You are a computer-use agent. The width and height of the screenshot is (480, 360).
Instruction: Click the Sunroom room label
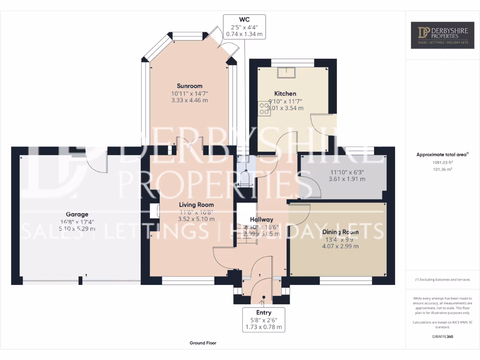[x=189, y=86]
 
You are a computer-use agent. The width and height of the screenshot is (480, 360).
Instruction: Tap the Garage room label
[x=77, y=215]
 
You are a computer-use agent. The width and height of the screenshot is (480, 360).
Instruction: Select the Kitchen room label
[x=285, y=94]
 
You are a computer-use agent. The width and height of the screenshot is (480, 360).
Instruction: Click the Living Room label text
[x=196, y=205]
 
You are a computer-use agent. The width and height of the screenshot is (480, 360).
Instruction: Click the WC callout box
[x=244, y=26]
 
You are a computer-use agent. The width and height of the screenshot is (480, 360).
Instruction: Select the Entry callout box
[x=263, y=320]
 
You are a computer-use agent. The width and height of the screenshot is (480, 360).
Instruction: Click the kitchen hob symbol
[x=264, y=109]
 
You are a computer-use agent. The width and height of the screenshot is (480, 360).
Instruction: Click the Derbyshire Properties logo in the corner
[x=442, y=35]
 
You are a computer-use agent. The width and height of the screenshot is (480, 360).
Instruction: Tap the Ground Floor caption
[x=203, y=343]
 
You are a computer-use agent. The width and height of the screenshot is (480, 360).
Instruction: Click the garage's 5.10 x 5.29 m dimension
[x=77, y=229]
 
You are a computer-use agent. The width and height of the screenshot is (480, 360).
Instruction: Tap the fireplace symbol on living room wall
[x=155, y=211]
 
